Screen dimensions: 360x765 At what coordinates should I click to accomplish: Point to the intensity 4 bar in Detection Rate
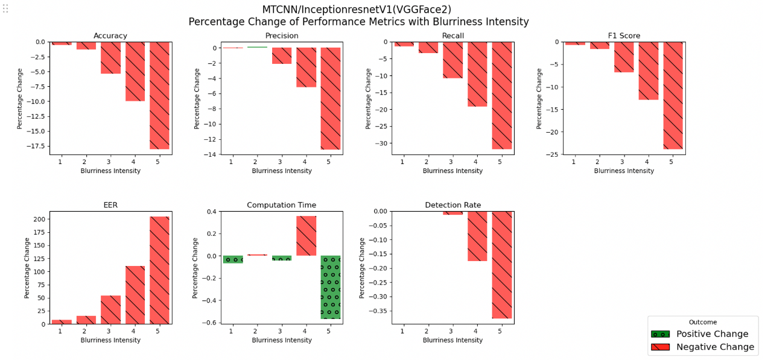click(477, 236)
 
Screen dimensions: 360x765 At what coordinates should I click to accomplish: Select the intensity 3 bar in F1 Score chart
click(624, 57)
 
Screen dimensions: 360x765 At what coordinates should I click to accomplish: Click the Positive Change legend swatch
click(660, 334)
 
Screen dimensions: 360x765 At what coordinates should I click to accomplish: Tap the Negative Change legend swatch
click(660, 347)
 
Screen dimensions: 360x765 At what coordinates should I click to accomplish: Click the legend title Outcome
click(703, 322)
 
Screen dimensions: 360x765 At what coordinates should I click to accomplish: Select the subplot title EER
click(110, 205)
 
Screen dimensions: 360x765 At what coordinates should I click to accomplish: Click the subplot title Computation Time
click(281, 205)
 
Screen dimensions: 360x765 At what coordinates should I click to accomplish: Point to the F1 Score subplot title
click(624, 36)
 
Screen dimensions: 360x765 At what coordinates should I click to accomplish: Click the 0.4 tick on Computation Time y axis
click(211, 212)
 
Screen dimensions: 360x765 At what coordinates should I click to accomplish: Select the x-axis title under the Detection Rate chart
click(452, 340)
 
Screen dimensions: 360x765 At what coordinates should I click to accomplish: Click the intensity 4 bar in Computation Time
click(306, 236)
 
